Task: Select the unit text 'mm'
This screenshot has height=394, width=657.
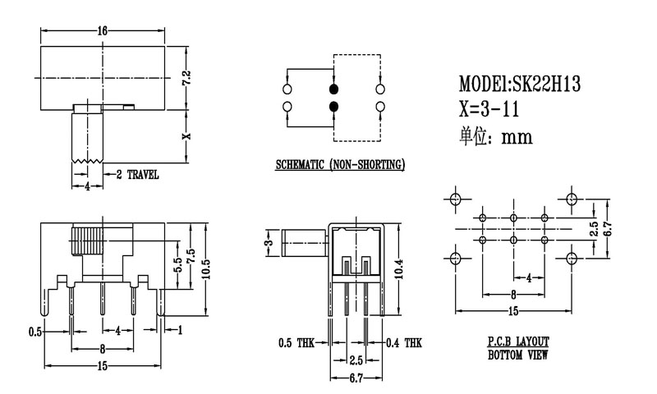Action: tap(517, 137)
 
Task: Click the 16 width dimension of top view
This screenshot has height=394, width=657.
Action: tap(103, 30)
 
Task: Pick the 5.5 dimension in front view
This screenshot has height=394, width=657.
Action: tap(176, 264)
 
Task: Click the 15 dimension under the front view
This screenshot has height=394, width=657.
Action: tap(103, 366)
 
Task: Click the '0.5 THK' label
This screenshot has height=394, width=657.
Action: tap(296, 341)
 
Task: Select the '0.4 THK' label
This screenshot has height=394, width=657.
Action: tap(403, 341)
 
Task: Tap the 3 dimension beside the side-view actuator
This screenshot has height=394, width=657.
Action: tap(268, 245)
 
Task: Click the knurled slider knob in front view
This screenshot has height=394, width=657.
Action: tap(86, 242)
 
